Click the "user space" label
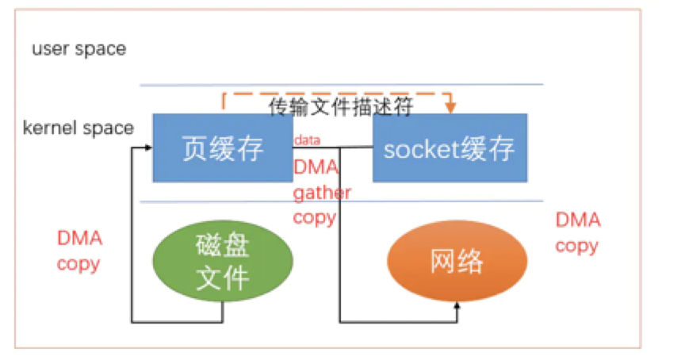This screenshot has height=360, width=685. [78, 49]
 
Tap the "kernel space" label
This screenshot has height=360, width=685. [78, 128]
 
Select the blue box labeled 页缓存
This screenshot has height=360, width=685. [221, 148]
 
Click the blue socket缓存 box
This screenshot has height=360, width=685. [450, 148]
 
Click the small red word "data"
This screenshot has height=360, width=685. [307, 140]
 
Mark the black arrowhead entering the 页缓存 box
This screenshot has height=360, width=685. [148, 148]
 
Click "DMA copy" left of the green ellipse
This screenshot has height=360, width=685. [79, 251]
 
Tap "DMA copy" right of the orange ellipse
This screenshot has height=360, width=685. [577, 233]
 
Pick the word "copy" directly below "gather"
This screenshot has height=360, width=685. [315, 216]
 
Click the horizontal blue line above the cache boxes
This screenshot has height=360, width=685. [341, 85]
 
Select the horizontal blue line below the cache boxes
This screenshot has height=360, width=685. [341, 201]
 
